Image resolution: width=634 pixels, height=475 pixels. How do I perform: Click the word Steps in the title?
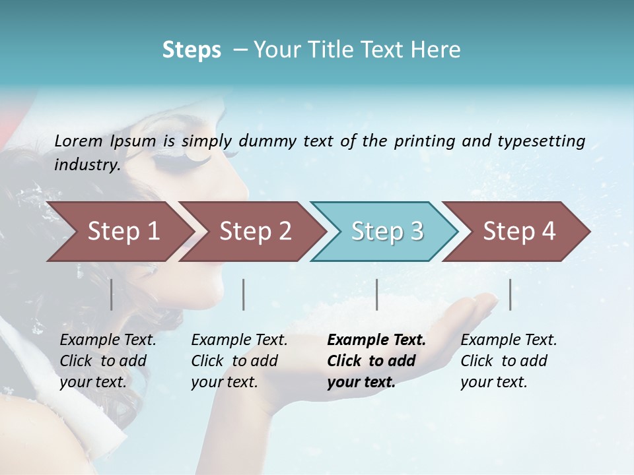pyautogui.click(x=192, y=50)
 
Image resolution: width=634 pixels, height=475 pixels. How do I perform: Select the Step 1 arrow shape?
pyautogui.click(x=119, y=232)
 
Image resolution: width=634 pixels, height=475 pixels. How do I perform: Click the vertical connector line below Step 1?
pyautogui.click(x=111, y=294)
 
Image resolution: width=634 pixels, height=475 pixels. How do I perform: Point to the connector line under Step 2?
pyautogui.click(x=244, y=294)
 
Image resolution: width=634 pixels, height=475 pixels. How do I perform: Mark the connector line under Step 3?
pyautogui.click(x=376, y=294)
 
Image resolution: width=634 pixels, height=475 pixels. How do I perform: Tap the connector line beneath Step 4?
pyautogui.click(x=510, y=294)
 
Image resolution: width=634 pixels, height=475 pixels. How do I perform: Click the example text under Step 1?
pyautogui.click(x=107, y=361)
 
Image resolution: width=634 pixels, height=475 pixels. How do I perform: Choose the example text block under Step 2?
pyautogui.click(x=238, y=361)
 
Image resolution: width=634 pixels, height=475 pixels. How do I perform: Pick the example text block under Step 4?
pyautogui.click(x=508, y=361)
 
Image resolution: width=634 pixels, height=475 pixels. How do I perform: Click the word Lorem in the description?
pyautogui.click(x=79, y=141)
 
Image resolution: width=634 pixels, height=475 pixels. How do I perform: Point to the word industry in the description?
pyautogui.click(x=86, y=165)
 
